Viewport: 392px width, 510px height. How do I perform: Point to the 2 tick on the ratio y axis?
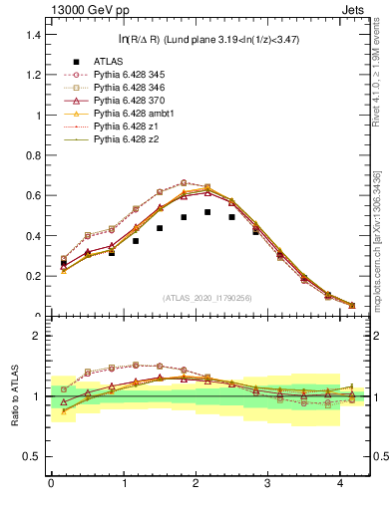pyautogui.click(x=34, y=336)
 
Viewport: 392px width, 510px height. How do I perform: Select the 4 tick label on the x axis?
pyautogui.click(x=340, y=484)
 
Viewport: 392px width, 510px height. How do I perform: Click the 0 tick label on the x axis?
pyautogui.click(x=51, y=484)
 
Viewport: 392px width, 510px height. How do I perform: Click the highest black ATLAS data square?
pyautogui.click(x=207, y=212)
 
